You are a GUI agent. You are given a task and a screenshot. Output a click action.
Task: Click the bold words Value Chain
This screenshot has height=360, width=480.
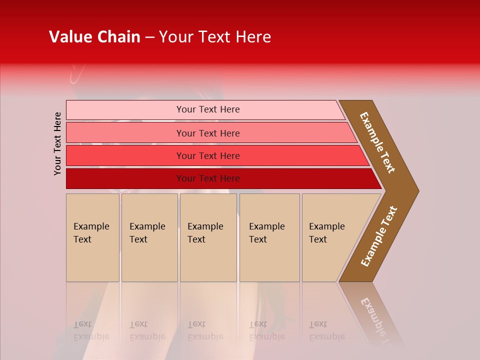[94, 37]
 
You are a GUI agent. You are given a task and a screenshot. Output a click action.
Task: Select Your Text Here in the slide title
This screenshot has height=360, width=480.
[215, 37]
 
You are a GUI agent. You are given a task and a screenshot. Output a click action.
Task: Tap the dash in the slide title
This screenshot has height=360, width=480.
[149, 37]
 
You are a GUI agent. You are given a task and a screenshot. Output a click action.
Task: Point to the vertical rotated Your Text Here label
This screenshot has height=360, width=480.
[57, 143]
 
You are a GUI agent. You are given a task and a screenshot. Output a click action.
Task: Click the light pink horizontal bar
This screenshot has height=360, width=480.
[125, 109]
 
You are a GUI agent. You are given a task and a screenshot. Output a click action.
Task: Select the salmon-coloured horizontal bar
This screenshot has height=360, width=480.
[125, 133]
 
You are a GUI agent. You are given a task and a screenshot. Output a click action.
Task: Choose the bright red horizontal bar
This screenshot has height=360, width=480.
[125, 155]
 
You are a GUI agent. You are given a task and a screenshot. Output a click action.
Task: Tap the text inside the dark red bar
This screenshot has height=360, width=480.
[208, 178]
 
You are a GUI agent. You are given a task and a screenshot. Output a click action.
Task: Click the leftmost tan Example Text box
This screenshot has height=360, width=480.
[92, 237]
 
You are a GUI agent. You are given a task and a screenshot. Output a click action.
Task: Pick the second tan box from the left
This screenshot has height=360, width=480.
[149, 237]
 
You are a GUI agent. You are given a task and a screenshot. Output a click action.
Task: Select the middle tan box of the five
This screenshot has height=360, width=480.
[208, 237]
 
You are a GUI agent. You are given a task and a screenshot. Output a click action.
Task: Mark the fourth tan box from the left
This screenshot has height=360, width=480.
[269, 237]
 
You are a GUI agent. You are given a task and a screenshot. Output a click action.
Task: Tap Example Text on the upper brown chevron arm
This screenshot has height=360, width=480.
[377, 142]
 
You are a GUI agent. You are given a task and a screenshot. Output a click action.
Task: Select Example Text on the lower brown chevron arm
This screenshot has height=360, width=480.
[379, 236]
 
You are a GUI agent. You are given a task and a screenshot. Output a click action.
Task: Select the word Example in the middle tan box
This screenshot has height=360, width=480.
[205, 226]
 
